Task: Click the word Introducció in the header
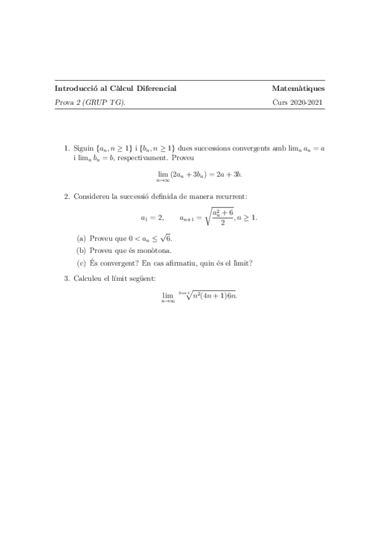click(x=73, y=88)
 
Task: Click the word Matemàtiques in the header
click(x=298, y=88)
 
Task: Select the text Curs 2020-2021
click(x=298, y=102)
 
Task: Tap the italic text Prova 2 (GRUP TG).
click(x=90, y=102)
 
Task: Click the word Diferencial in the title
click(x=156, y=88)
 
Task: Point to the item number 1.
click(x=66, y=148)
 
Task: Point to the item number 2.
click(x=66, y=197)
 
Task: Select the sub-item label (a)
click(x=80, y=238)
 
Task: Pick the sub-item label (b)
click(x=81, y=251)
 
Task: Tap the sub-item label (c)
click(x=80, y=264)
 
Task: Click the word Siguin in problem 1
click(x=83, y=148)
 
